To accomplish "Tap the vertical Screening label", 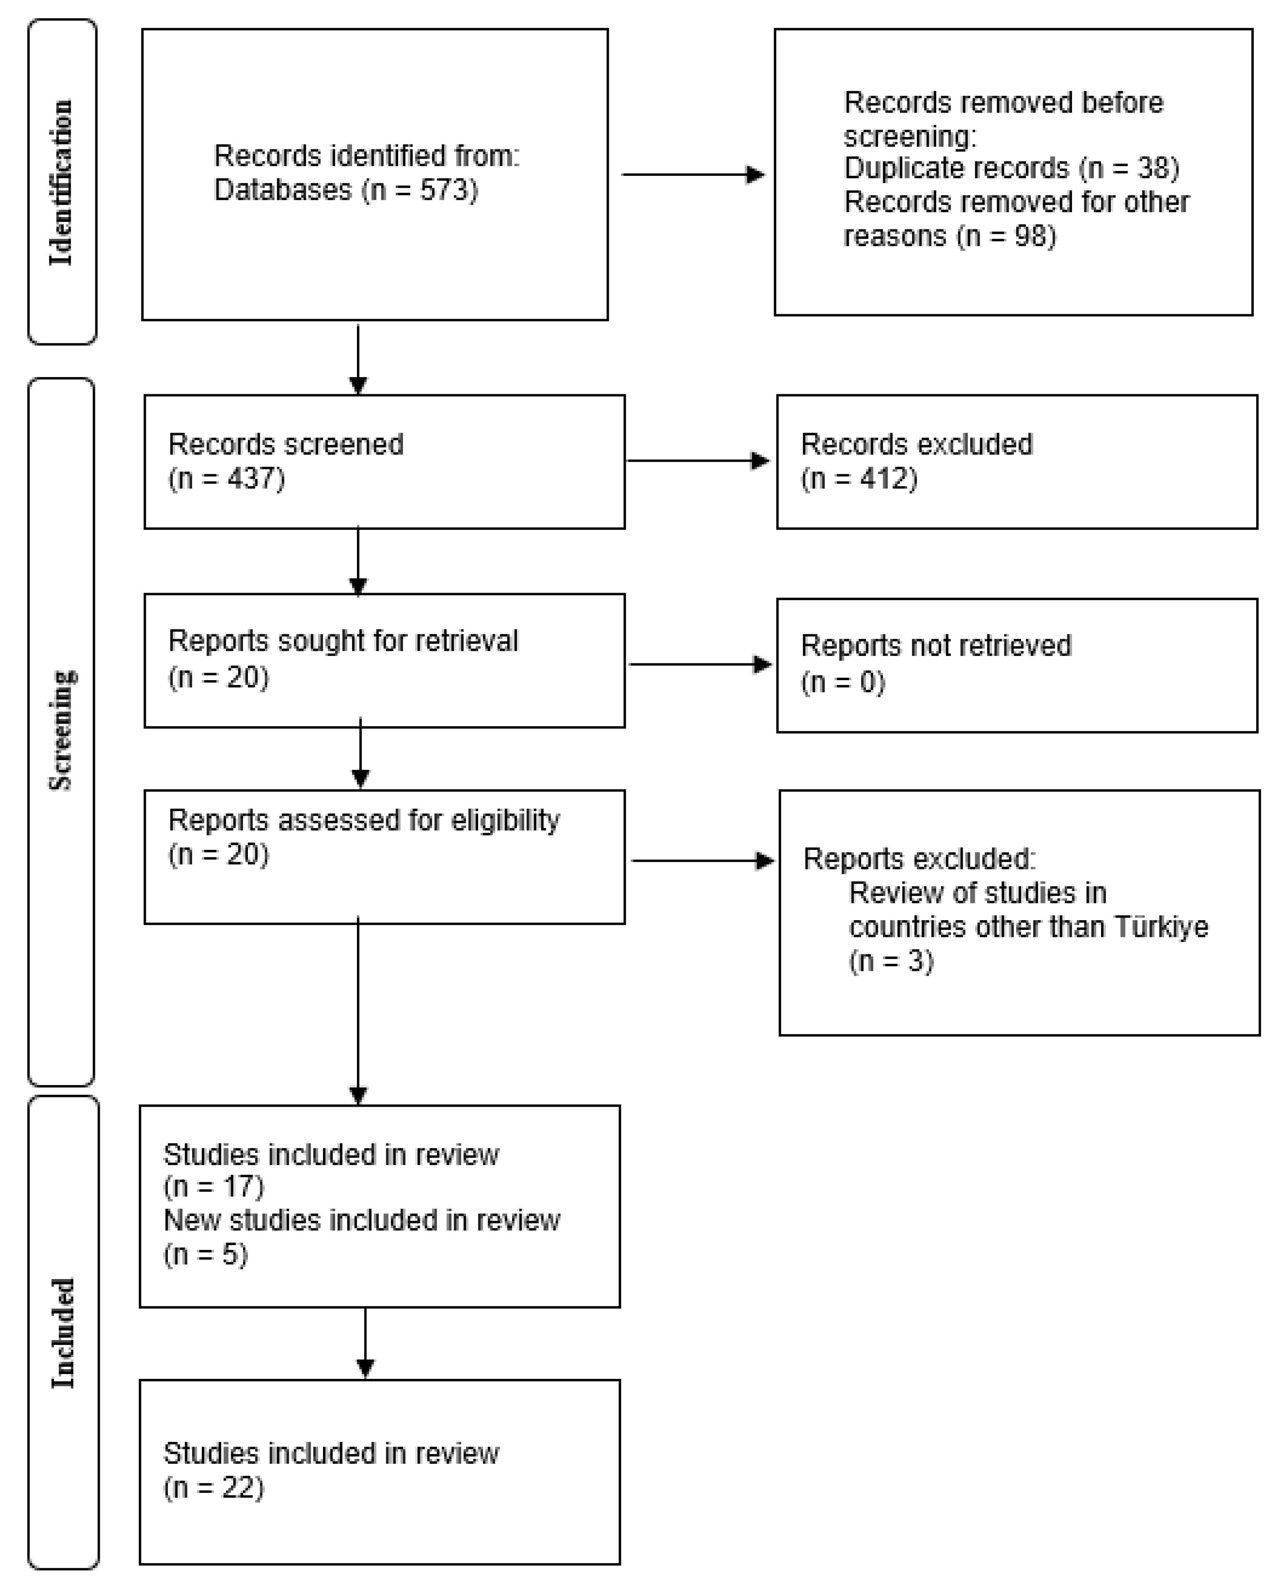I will (x=61, y=730).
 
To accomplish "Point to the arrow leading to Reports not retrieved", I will (x=700, y=664).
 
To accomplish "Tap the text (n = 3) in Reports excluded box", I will (x=891, y=961).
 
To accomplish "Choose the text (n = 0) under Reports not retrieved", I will (x=843, y=682).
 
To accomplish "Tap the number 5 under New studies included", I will (x=233, y=1254).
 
